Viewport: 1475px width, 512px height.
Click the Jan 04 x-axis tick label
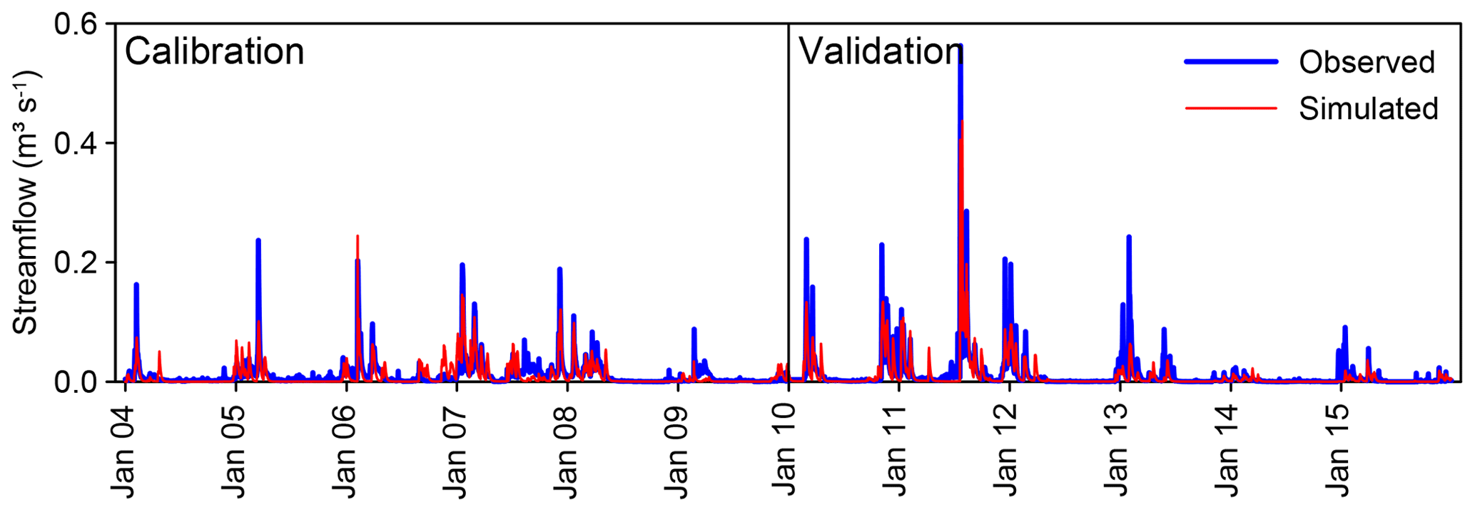tap(123, 451)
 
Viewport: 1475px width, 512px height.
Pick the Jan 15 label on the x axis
tap(1339, 451)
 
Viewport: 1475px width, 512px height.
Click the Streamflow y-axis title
tap(26, 203)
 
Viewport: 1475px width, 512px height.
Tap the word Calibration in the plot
tap(214, 52)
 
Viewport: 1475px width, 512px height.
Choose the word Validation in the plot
tap(881, 52)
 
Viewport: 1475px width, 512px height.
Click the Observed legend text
tap(1367, 63)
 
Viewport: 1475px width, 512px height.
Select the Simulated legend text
tap(1368, 109)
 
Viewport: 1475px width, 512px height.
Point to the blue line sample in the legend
tap(1231, 62)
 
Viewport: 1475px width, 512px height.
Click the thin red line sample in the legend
tap(1231, 108)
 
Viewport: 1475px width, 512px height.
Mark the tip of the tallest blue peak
tap(960, 46)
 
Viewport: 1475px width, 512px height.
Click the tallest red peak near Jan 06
tap(358, 237)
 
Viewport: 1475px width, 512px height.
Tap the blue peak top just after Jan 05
tap(258, 241)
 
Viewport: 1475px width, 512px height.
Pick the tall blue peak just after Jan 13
tap(1129, 237)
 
